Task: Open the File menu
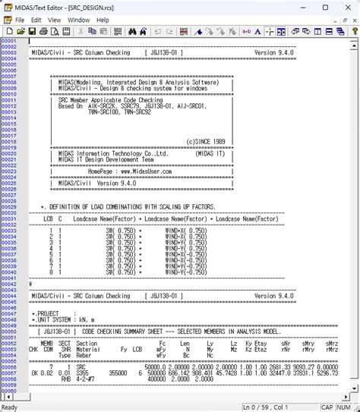(19, 20)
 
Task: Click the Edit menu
(36, 20)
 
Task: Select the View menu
(55, 20)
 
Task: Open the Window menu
(78, 20)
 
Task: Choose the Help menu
(103, 20)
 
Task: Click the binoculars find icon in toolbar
(132, 32)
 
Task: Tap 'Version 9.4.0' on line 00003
(274, 52)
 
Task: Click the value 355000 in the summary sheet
(118, 373)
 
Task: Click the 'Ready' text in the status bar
(10, 407)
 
